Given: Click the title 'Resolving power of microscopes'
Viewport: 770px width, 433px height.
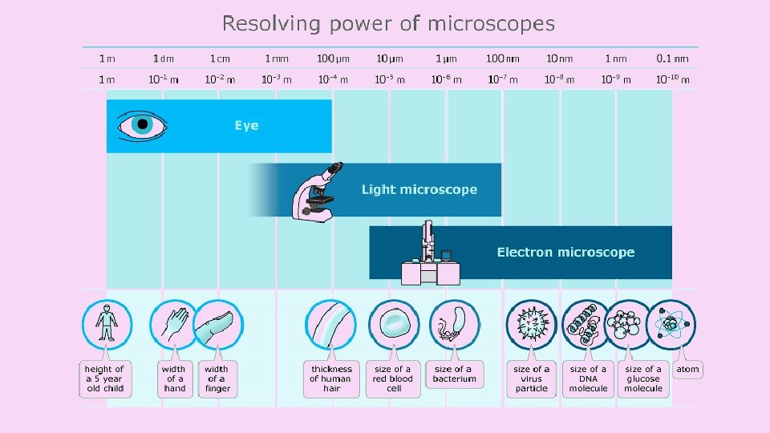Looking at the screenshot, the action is point(388,23).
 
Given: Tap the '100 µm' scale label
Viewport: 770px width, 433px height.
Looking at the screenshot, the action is point(333,58).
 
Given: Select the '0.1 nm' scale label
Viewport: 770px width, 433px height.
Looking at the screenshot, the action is point(672,58).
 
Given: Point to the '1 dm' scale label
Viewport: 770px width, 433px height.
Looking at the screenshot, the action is point(164,58).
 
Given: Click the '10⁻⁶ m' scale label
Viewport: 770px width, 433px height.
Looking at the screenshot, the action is point(446,79).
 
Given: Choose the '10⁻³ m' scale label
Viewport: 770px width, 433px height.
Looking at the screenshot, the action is point(277,79).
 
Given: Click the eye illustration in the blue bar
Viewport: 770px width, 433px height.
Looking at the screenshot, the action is point(142,125).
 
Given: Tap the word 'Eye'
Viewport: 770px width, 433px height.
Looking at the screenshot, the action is point(246,126).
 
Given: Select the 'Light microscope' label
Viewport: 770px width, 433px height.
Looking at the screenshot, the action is point(419,190).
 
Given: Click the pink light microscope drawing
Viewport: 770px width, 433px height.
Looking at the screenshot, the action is point(316,192).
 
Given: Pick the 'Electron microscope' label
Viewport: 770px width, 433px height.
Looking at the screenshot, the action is point(565,253).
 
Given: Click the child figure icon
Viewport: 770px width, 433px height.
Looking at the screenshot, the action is point(106,325).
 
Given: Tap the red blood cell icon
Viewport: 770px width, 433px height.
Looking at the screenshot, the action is point(394,325).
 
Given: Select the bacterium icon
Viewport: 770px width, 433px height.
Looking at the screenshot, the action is point(454,325).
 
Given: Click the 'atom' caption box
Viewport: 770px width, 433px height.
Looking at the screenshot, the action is point(687,370).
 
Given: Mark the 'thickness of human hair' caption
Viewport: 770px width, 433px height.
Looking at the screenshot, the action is point(331,378).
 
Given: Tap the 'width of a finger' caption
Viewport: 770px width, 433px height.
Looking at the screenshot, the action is point(217,378).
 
